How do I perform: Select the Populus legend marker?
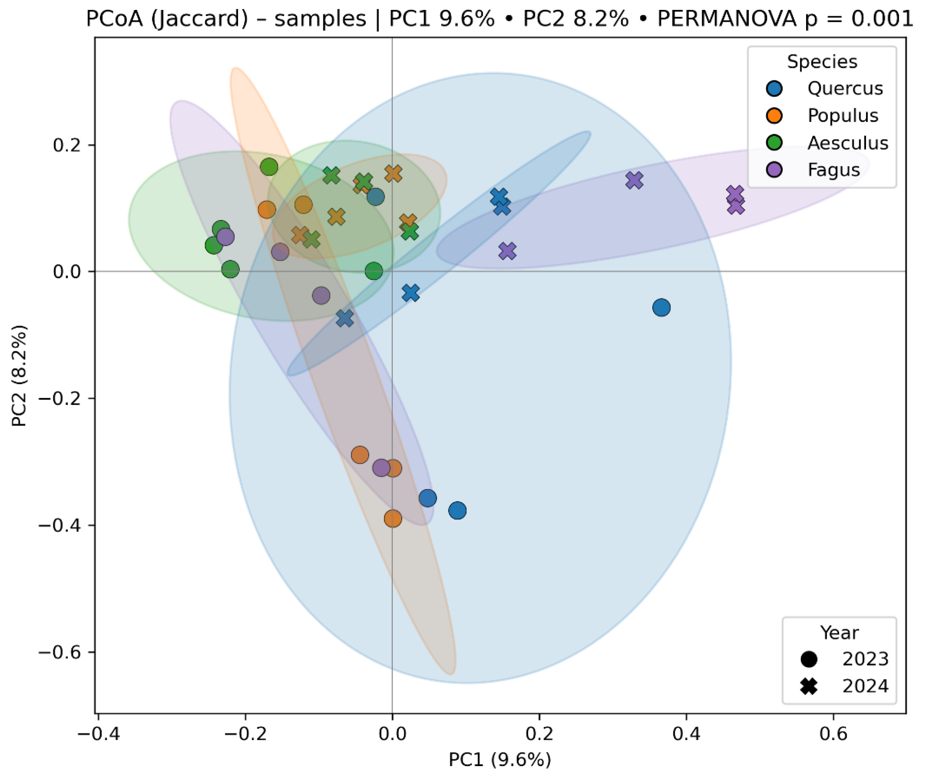pyautogui.click(x=774, y=116)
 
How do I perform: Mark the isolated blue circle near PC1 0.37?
pyautogui.click(x=662, y=307)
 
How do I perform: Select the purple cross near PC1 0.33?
pyautogui.click(x=634, y=180)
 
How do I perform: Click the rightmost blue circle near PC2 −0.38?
pyautogui.click(x=458, y=511)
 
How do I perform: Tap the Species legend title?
pyautogui.click(x=822, y=61)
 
